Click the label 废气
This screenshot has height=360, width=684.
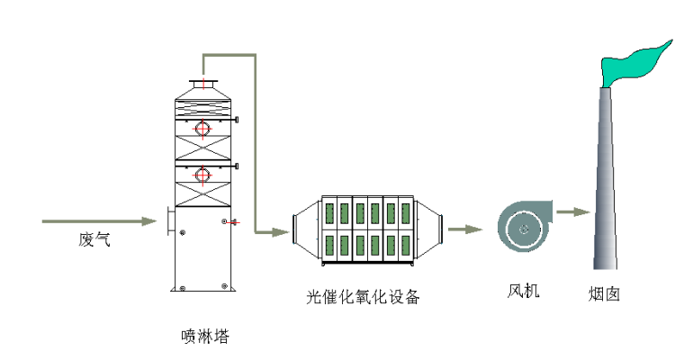pyautogui.click(x=94, y=239)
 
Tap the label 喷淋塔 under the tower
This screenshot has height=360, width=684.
pyautogui.click(x=204, y=337)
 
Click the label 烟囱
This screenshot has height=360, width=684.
pyautogui.click(x=604, y=293)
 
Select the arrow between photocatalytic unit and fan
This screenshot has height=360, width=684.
pyautogui.click(x=466, y=229)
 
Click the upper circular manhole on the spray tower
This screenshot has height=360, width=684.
pyautogui.click(x=203, y=129)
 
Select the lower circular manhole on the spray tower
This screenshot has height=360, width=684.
pyautogui.click(x=203, y=175)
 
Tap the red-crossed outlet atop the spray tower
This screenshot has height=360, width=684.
pyautogui.click(x=206, y=85)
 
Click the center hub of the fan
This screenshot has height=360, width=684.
pyautogui.click(x=523, y=229)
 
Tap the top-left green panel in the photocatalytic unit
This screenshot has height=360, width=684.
pyautogui.click(x=330, y=213)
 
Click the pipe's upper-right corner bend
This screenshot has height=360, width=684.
pyautogui.click(x=255, y=56)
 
